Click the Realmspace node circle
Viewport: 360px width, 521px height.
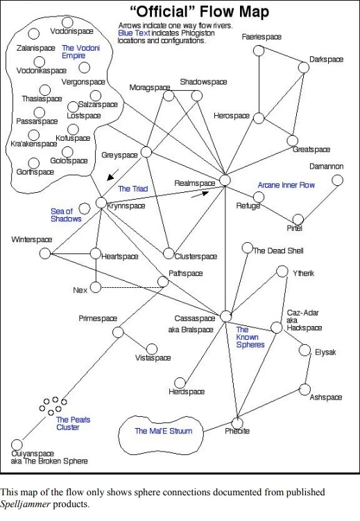click(x=224, y=180)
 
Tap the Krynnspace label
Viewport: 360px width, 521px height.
click(x=126, y=207)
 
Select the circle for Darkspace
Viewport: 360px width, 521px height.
click(x=304, y=68)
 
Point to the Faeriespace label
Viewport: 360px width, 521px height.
click(x=262, y=36)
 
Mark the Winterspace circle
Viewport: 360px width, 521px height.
click(x=45, y=253)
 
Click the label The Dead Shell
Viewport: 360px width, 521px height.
click(x=278, y=250)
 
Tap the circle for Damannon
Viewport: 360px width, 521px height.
click(x=337, y=180)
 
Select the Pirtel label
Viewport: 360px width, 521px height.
click(x=295, y=228)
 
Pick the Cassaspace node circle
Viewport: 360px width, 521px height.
click(x=225, y=316)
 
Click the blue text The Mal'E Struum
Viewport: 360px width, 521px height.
click(x=163, y=431)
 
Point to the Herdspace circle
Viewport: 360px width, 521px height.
click(x=180, y=382)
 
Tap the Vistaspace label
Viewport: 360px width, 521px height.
click(x=153, y=357)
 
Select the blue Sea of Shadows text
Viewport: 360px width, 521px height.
click(x=66, y=214)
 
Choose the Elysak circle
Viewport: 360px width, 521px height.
click(x=303, y=350)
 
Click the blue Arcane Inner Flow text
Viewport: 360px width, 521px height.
click(x=286, y=185)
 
